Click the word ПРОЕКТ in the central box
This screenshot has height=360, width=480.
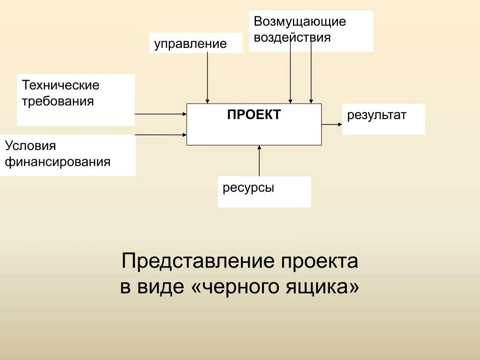[x=254, y=115]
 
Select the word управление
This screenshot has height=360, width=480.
[x=190, y=44]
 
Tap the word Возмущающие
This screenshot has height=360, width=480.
[x=300, y=22]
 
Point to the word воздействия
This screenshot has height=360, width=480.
[x=292, y=37]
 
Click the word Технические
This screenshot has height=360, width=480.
[x=61, y=85]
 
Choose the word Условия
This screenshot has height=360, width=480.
[x=30, y=146]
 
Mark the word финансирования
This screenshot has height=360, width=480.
[x=58, y=162]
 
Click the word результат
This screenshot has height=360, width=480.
[x=376, y=115]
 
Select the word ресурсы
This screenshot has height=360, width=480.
[x=248, y=188]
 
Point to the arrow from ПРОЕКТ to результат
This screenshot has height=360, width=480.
[x=332, y=124]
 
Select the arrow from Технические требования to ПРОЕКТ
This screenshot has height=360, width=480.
[x=161, y=114]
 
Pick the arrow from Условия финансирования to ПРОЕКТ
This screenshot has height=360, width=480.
[x=161, y=135]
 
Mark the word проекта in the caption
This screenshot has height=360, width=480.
[x=319, y=261]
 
